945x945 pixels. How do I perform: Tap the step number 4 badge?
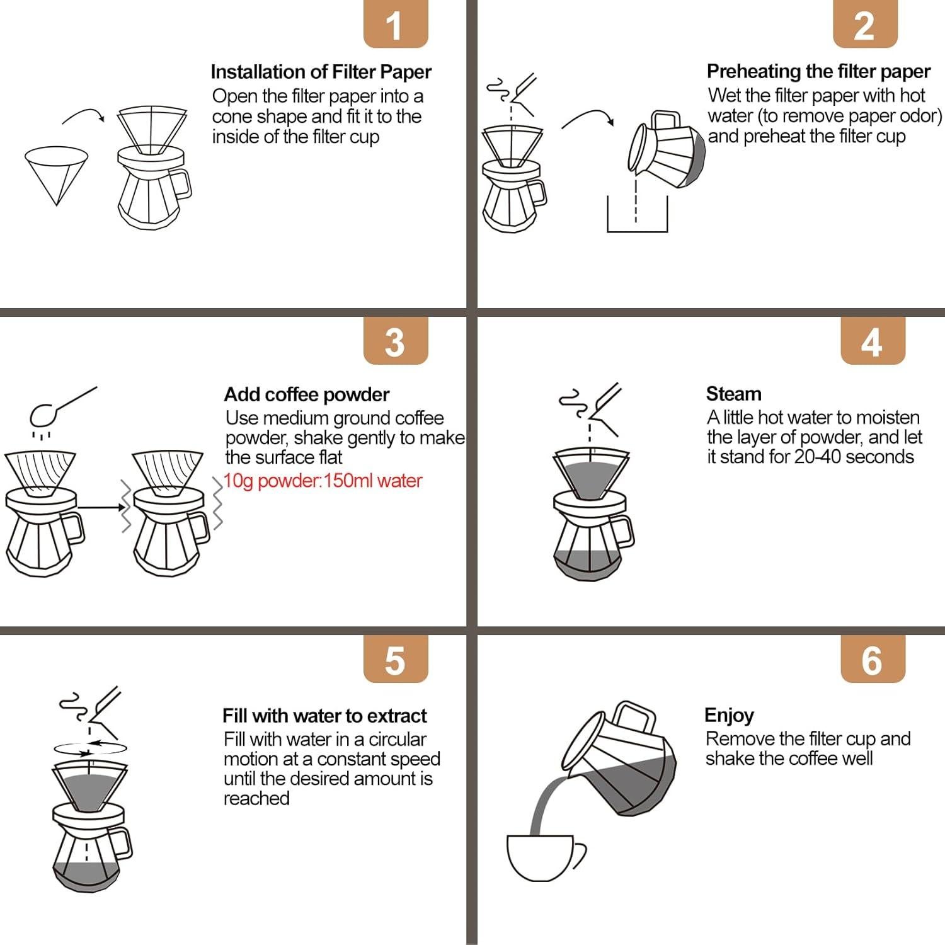873,341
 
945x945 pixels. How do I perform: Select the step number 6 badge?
873,660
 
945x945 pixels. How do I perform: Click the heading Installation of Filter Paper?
321,72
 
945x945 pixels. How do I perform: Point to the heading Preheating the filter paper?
818,71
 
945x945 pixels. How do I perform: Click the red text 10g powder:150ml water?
323,481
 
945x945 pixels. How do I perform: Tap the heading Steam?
733,394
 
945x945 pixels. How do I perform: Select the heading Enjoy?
729,715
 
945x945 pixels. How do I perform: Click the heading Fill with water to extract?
324,716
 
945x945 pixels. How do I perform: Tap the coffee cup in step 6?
542,857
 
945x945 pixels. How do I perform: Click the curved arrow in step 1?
83,115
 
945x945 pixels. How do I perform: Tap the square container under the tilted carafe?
637,217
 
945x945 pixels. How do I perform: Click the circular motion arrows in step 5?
90,748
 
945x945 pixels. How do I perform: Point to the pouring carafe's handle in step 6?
634,717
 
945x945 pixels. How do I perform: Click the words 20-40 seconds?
854,457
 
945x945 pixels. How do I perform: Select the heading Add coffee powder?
307,394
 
